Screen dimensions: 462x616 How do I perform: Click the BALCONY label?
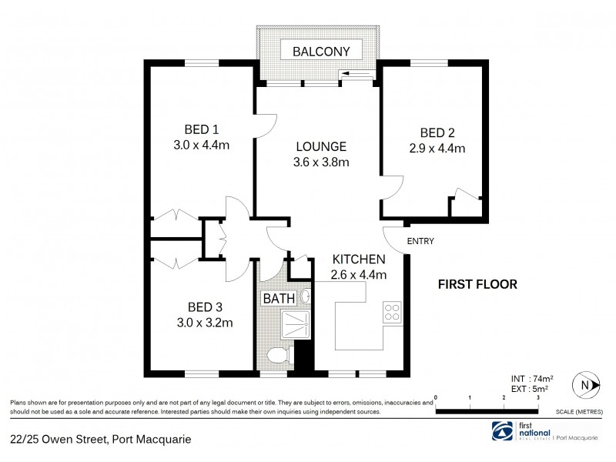321,52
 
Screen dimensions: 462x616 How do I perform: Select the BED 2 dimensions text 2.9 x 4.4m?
437,148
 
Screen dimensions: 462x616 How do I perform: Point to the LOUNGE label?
322,146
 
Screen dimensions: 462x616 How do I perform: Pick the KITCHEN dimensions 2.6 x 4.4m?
358,274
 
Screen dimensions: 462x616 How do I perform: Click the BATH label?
278,298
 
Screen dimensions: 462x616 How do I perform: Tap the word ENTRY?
420,241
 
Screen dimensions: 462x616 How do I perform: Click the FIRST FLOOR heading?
477,283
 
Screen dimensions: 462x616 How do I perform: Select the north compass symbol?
588,385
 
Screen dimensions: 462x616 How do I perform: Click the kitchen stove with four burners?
392,313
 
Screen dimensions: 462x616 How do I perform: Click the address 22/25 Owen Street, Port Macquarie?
100,440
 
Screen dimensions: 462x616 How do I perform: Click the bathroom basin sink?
306,296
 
